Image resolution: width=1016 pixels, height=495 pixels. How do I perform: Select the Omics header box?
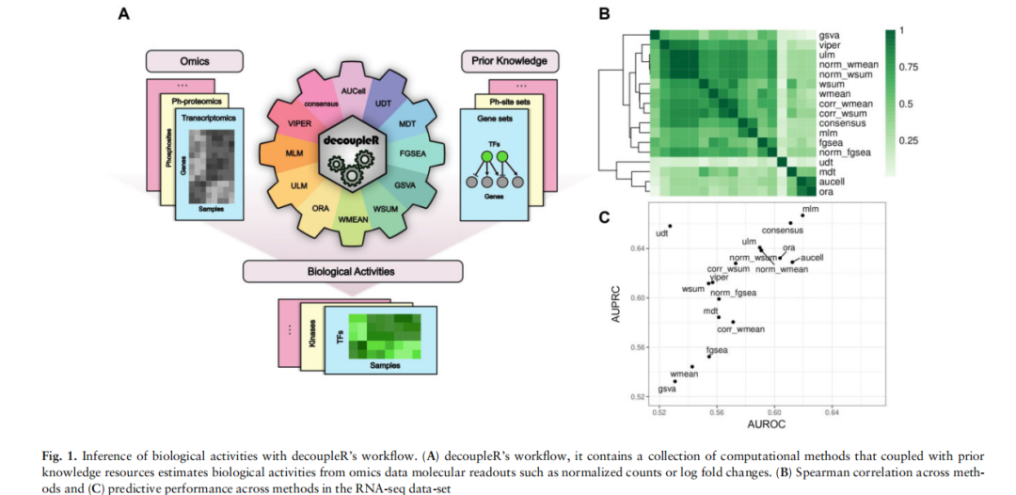click(194, 63)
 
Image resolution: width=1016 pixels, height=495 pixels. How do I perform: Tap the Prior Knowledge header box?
click(509, 63)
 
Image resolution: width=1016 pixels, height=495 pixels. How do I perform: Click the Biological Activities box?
click(352, 271)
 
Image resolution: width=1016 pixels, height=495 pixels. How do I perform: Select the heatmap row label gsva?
click(829, 34)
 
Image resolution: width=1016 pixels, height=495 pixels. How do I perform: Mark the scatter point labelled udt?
click(671, 226)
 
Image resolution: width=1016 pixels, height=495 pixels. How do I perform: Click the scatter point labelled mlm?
click(802, 216)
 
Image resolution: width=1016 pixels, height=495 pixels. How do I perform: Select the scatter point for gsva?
click(675, 381)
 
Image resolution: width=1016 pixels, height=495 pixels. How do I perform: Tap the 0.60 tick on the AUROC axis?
click(774, 411)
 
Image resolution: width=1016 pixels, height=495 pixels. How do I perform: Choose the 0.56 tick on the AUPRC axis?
click(638, 347)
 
